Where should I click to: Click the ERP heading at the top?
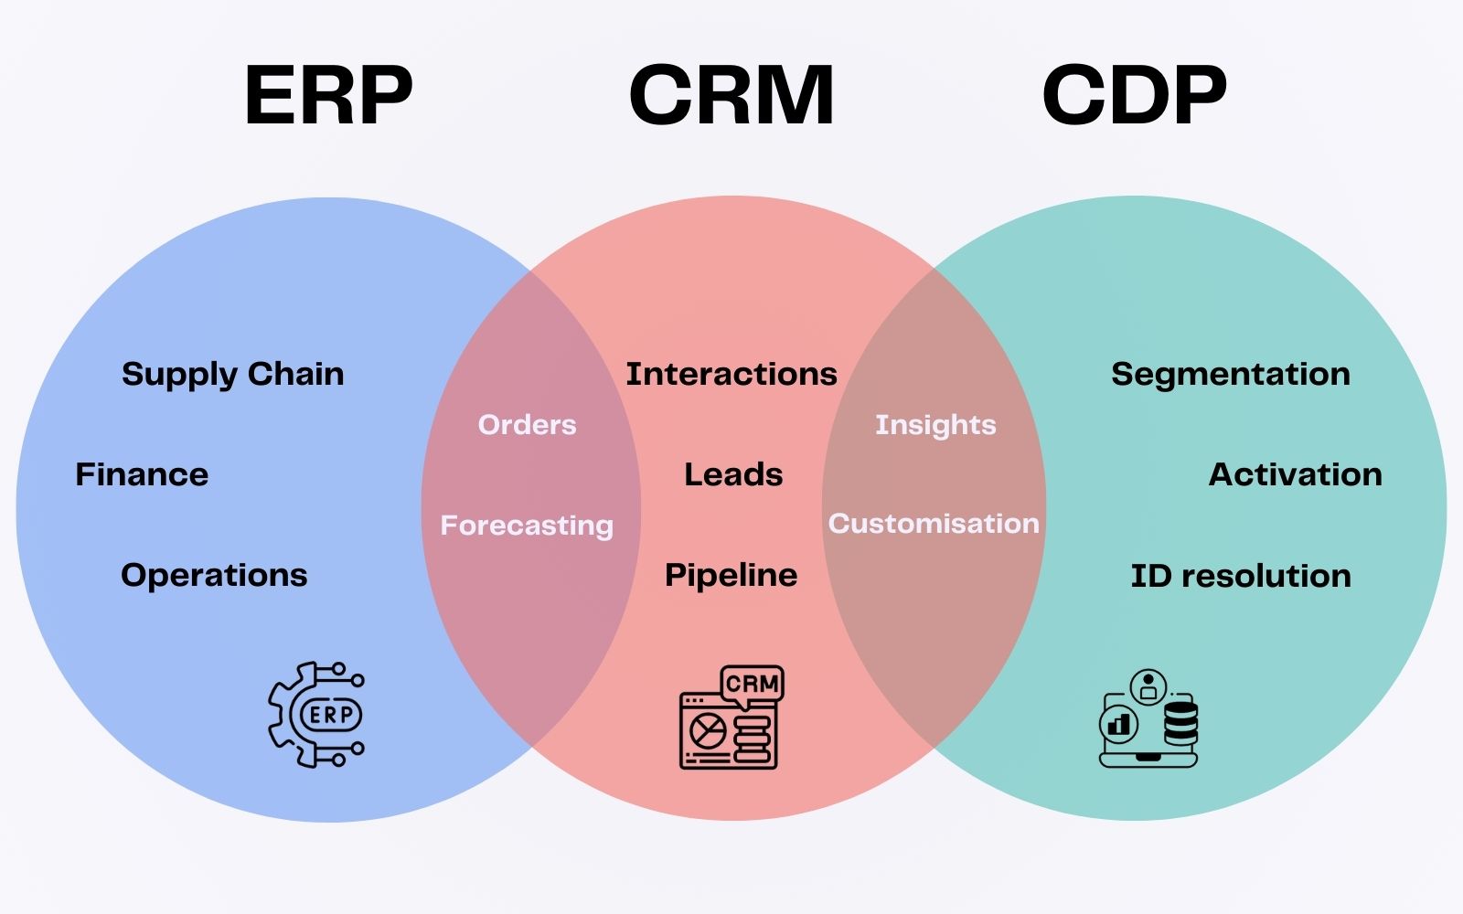coord(328,95)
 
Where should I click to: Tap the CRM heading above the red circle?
coord(731,95)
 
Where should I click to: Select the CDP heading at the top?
coord(1135,95)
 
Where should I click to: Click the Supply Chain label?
coord(232,375)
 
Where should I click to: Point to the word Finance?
coord(142,474)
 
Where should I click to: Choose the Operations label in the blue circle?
coord(214,576)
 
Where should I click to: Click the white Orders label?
coord(527,425)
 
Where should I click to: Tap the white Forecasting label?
coord(527,526)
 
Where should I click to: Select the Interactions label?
coord(731,374)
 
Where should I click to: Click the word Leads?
coord(733,474)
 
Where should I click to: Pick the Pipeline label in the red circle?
coord(731,576)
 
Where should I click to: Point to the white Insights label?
coord(936,425)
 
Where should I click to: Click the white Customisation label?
coord(934,524)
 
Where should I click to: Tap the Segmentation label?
coord(1231,375)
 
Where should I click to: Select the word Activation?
coord(1295,474)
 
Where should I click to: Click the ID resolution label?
coord(1241,576)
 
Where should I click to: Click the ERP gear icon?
coord(316,715)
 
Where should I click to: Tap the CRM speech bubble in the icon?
coord(753,685)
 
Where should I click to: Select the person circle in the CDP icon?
coord(1148,687)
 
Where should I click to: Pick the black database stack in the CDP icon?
coord(1180,723)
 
